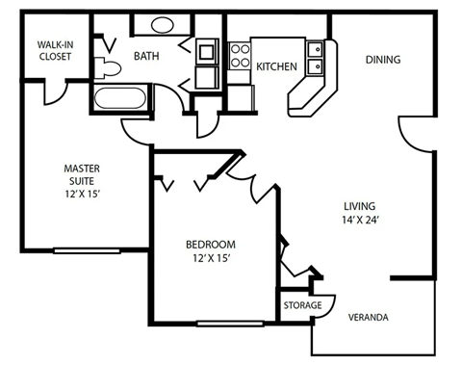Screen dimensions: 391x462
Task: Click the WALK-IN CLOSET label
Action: [x=55, y=50]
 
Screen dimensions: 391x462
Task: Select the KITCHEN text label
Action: [x=275, y=65]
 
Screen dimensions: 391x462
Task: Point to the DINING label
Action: [x=383, y=60]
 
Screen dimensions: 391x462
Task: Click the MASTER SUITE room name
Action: [x=82, y=174]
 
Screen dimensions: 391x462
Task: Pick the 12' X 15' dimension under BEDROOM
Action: [x=211, y=258]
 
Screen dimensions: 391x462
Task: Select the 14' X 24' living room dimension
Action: [x=361, y=220]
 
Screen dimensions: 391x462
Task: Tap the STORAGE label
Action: [x=301, y=305]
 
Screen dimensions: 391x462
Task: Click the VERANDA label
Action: [x=368, y=318]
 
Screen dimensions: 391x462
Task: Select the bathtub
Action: [x=121, y=96]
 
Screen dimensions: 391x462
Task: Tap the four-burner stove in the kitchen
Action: [x=238, y=55]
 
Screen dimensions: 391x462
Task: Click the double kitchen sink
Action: [x=315, y=57]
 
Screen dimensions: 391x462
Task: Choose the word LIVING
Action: [x=361, y=205]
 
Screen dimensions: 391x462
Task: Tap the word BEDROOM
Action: [x=211, y=244]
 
